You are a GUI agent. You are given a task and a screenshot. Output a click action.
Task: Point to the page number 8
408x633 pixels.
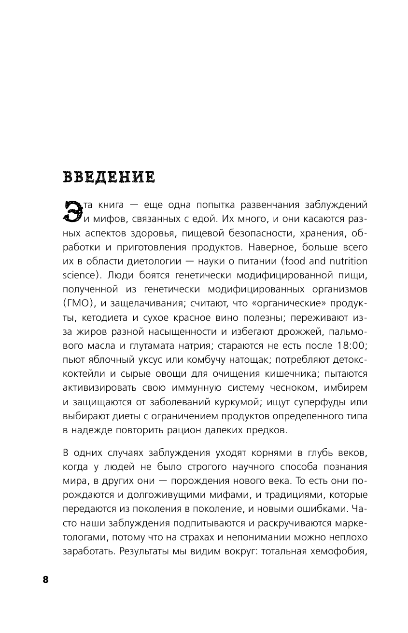pos(46,579)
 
